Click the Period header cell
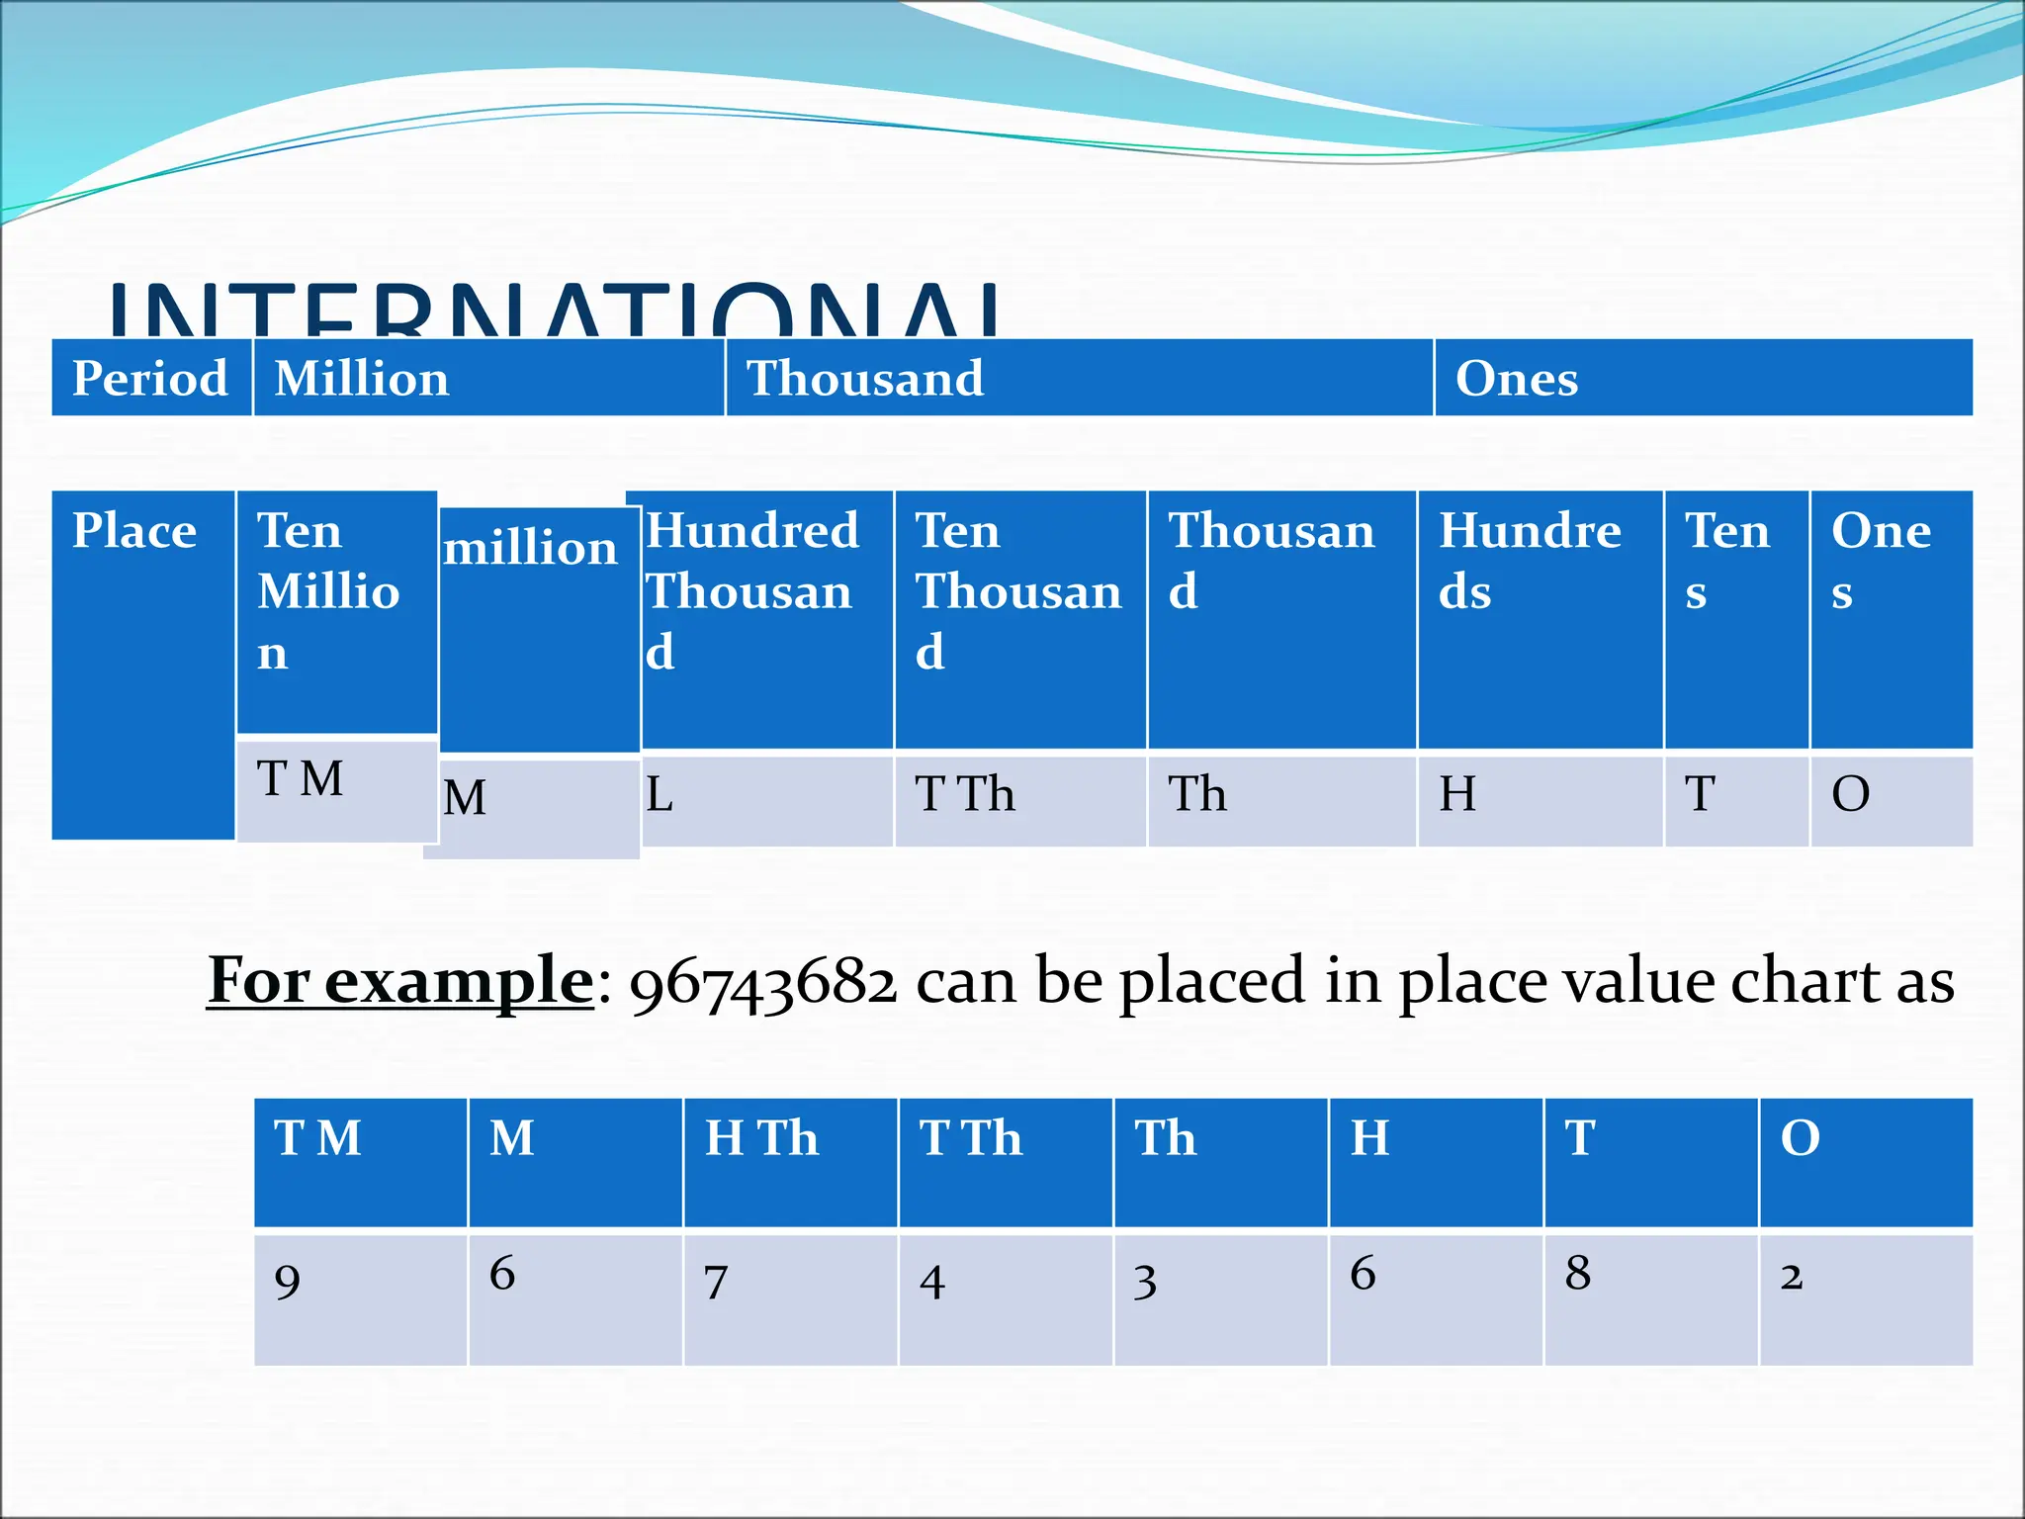coord(150,378)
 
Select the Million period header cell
coord(488,378)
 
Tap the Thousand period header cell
coord(1078,378)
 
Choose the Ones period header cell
coord(1703,378)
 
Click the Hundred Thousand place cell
coord(766,618)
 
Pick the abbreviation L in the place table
coord(660,794)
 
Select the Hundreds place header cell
coord(1539,618)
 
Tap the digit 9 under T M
coord(288,1283)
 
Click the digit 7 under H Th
coord(717,1283)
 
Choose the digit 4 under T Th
coord(932,1283)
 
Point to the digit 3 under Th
coord(1145,1283)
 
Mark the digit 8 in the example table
coord(1578,1274)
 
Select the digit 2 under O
coord(1792,1277)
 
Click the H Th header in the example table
coord(761,1138)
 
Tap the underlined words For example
coord(400,981)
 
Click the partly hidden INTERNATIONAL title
coord(554,311)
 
